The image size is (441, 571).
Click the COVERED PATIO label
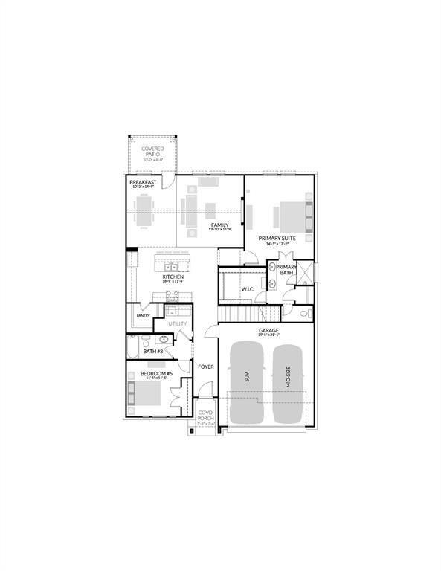tap(152, 152)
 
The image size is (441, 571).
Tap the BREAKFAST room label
tap(141, 182)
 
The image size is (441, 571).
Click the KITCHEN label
tap(173, 277)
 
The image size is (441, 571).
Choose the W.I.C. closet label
tap(248, 289)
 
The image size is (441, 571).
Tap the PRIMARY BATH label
tap(286, 270)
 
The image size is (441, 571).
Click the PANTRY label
tap(144, 315)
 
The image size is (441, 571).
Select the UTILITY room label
tap(177, 324)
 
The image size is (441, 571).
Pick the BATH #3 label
tap(153, 351)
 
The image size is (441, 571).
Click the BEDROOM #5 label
tap(157, 374)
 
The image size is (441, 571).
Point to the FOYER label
tap(205, 367)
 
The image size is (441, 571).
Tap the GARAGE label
tap(268, 331)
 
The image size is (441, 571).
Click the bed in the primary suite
tap(291, 216)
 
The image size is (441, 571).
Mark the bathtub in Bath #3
tap(133, 346)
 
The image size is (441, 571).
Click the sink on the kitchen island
tap(172, 265)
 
